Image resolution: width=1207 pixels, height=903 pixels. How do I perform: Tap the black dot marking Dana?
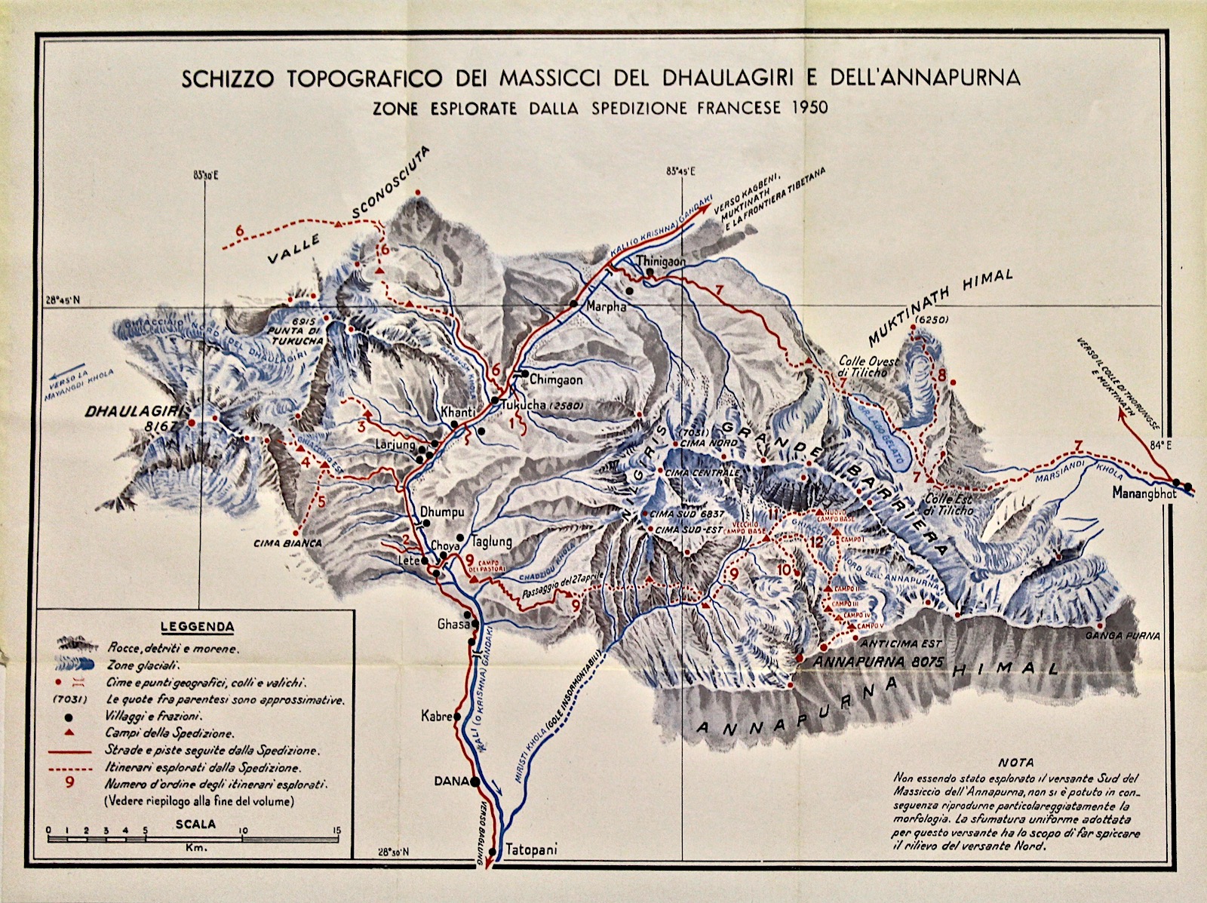click(475, 782)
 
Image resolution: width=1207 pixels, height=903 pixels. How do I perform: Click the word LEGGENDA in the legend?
click(197, 626)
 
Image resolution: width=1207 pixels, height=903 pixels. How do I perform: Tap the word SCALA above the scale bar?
click(195, 824)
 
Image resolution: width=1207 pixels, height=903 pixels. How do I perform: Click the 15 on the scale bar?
click(336, 831)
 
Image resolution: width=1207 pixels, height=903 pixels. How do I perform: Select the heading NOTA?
click(1015, 763)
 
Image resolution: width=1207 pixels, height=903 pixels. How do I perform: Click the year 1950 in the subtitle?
click(809, 107)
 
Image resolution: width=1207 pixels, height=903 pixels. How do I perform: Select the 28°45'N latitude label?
click(63, 299)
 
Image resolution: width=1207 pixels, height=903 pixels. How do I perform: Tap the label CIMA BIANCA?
click(288, 542)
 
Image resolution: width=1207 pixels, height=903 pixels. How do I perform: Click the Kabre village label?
click(435, 717)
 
